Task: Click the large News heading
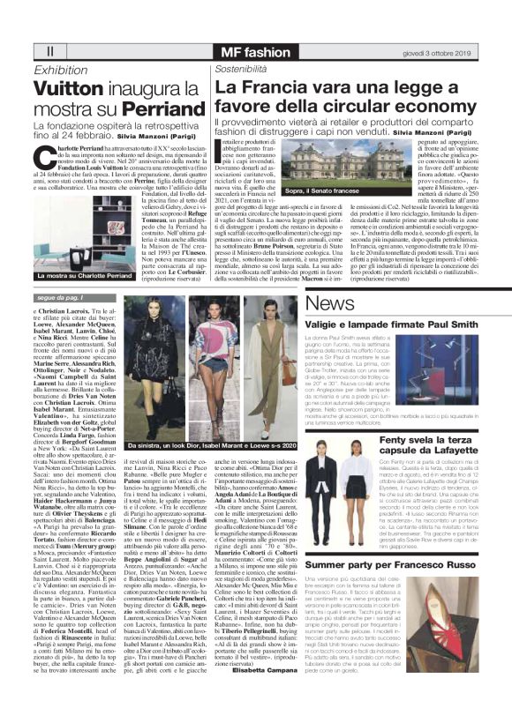click(x=331, y=303)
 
